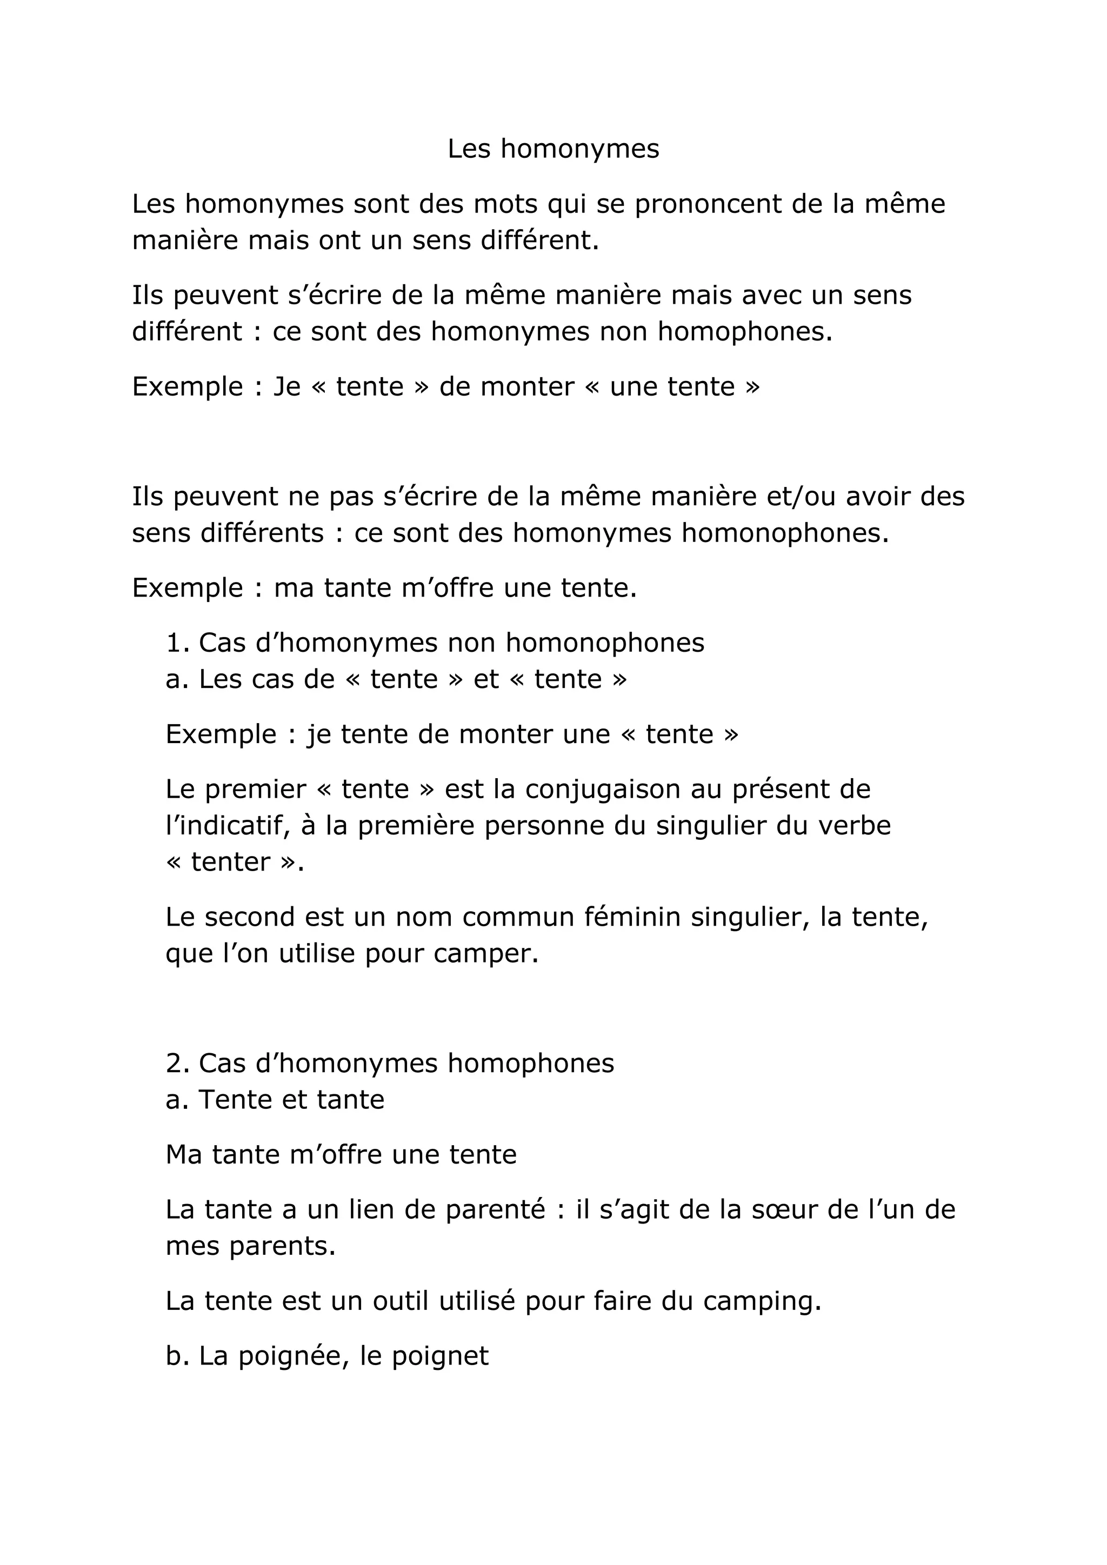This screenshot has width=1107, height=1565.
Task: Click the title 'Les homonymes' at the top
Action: tap(553, 149)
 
